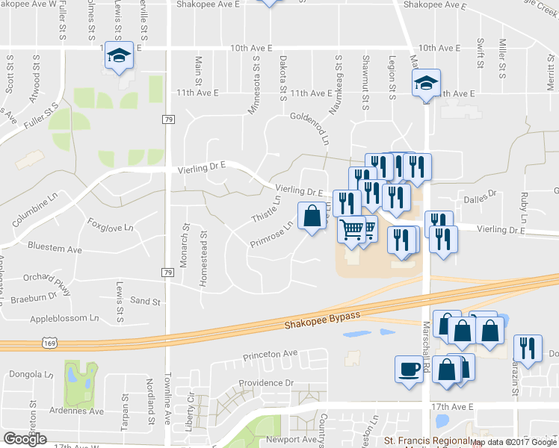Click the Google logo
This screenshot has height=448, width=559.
point(25,439)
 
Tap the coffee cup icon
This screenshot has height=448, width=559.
point(408,369)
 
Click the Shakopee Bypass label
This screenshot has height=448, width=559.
point(322,320)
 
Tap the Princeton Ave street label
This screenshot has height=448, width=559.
point(269,353)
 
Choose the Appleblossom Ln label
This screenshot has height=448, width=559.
point(64,317)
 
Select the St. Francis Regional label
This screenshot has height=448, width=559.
point(429,441)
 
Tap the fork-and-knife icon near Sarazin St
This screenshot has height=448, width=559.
point(528,349)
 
